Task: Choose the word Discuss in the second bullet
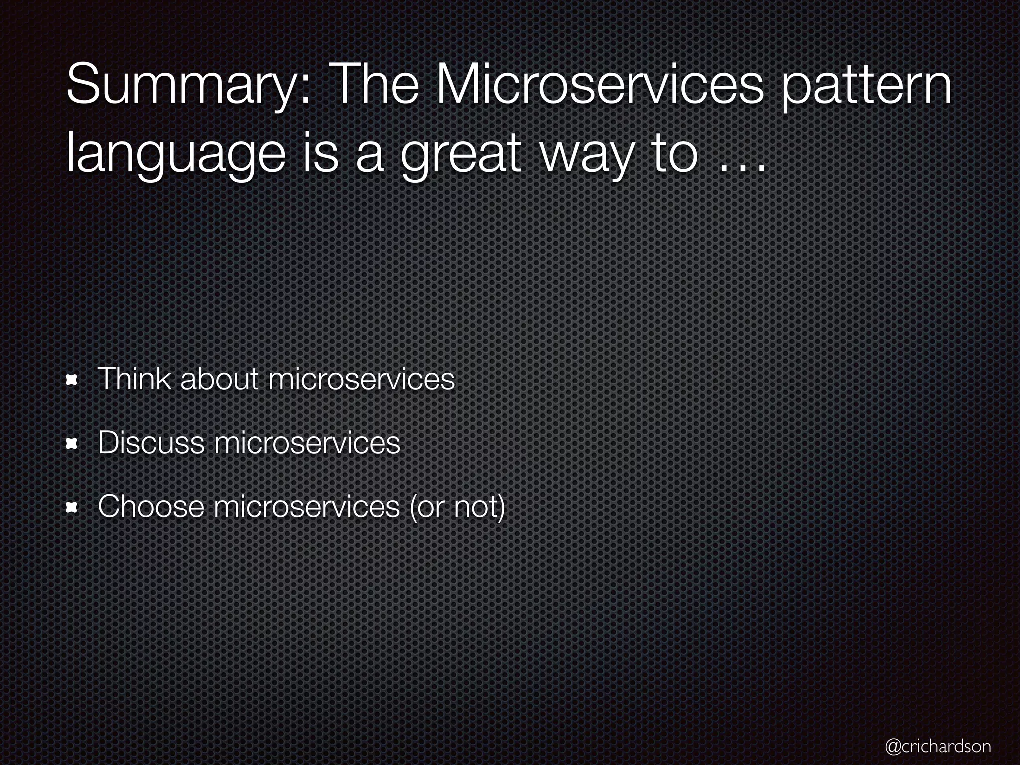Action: (151, 442)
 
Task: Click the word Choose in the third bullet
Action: (151, 506)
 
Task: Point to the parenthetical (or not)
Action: (457, 507)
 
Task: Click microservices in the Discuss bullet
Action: (307, 442)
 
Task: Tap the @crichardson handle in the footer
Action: (937, 746)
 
